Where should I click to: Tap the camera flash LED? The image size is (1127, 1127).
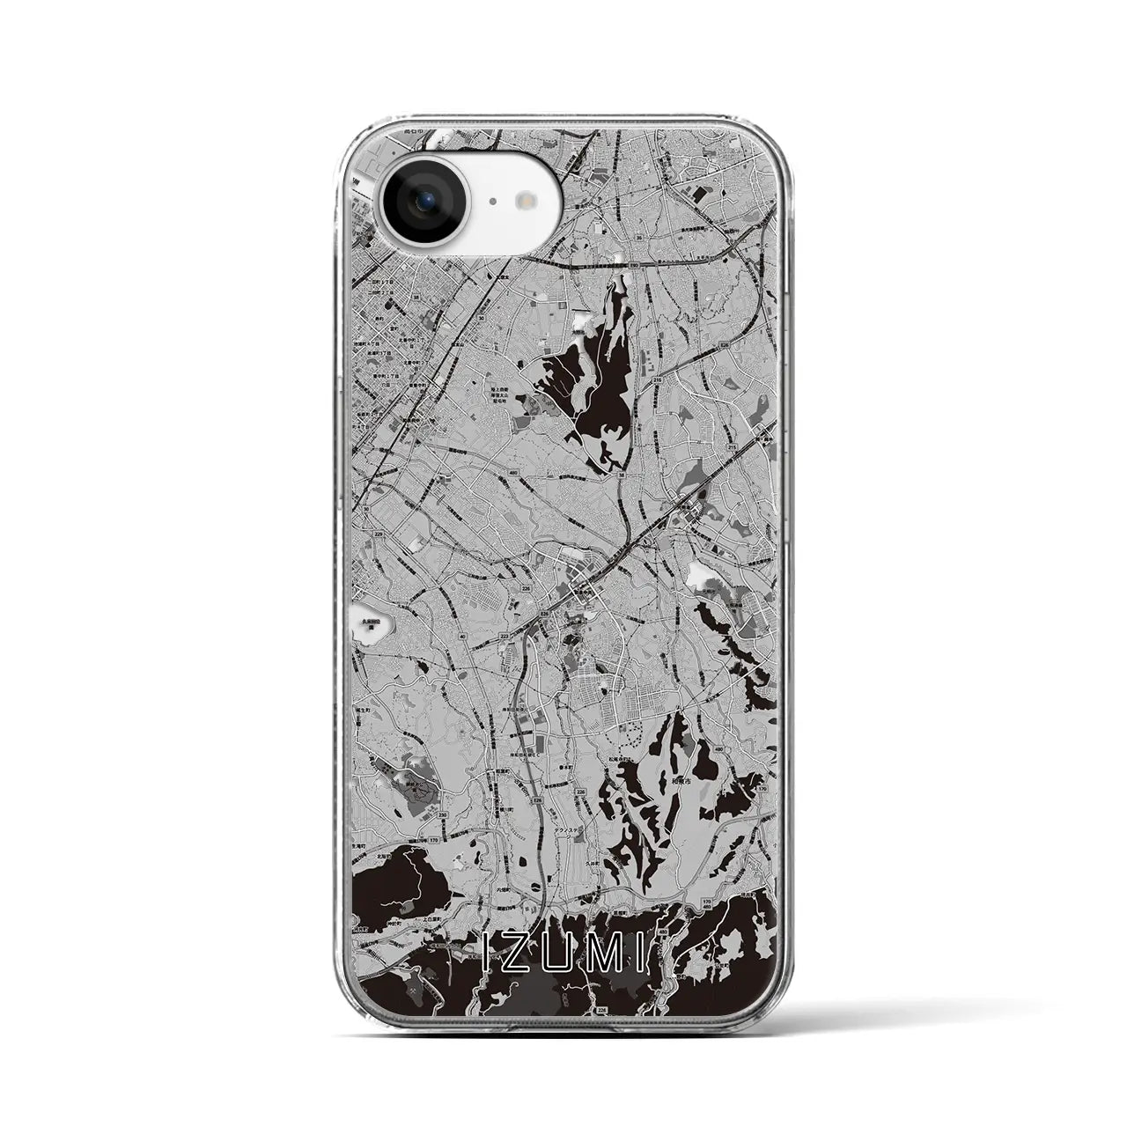tap(527, 201)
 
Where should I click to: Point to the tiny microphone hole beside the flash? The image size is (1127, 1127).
tap(492, 202)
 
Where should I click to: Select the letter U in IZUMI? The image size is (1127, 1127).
tap(557, 950)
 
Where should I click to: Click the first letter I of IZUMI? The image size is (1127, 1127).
tap(491, 950)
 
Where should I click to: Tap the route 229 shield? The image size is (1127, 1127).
tap(379, 535)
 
